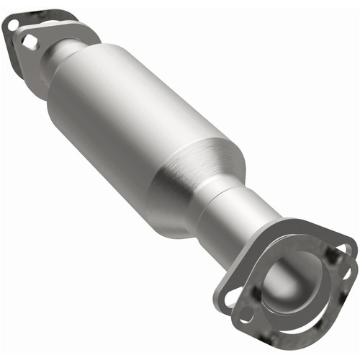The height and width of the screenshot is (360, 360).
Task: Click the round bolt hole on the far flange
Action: (x=14, y=25)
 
